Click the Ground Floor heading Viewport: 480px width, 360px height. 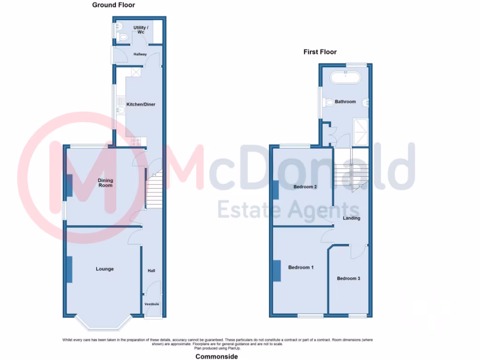coord(113,5)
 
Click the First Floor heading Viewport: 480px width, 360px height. coord(320,52)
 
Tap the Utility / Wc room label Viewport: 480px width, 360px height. coord(141,30)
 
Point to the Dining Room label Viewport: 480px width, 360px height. coord(105,183)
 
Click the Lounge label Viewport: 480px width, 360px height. coord(105,269)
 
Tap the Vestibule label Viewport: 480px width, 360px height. coord(151,304)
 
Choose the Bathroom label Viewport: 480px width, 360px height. coord(345,102)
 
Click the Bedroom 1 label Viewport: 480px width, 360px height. coord(300,268)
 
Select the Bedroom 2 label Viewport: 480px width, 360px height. coord(305,187)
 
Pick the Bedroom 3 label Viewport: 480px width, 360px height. coord(348,278)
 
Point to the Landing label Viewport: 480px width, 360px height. coord(352,218)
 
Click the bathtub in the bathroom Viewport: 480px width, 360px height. coord(345,77)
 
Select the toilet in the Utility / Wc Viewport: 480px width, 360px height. coord(123,37)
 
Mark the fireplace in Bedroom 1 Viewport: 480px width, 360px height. coord(277,271)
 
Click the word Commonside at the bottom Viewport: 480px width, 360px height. coord(217,357)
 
